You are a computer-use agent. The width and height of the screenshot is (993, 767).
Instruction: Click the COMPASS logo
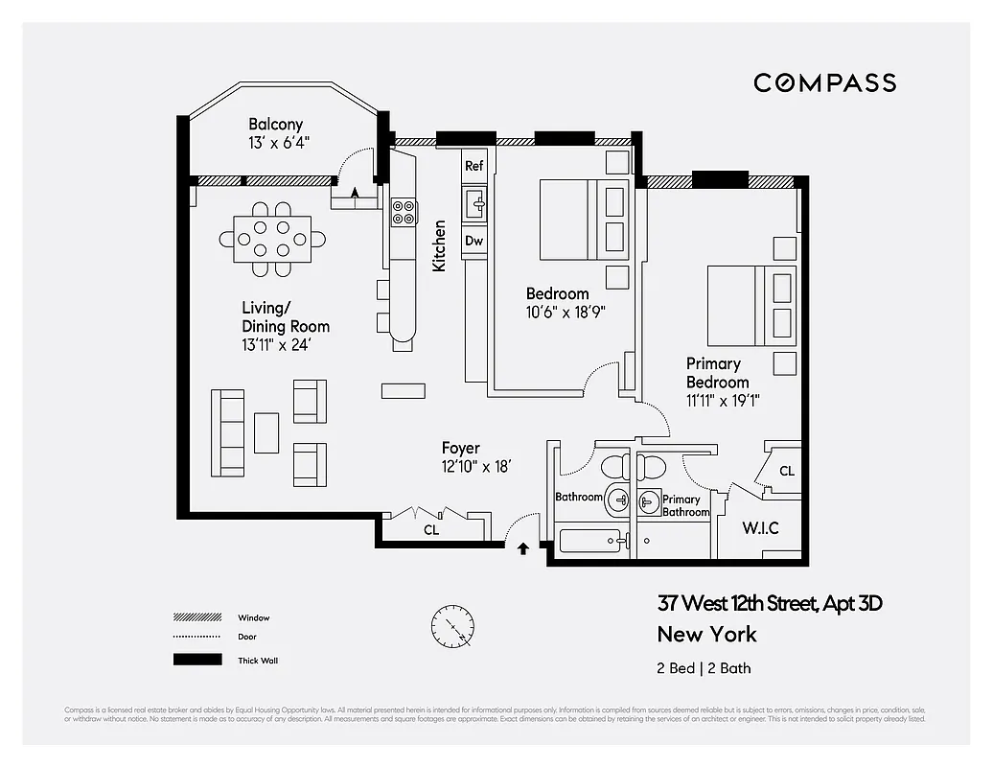pos(824,82)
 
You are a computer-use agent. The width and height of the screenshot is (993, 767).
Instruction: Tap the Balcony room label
pos(275,125)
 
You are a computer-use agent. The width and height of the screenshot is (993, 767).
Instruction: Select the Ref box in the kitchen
pos(474,166)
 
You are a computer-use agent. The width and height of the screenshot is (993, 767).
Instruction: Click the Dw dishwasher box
pos(474,241)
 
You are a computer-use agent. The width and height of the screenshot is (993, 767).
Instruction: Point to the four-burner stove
pos(404,211)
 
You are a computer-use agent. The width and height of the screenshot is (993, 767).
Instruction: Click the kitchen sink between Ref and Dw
pos(474,203)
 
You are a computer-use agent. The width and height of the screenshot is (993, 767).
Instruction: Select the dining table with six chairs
pos(272,239)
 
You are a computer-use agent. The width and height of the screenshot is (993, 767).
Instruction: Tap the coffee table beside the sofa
pos(266,432)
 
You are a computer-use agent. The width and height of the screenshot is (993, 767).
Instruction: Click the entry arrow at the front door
pos(523,549)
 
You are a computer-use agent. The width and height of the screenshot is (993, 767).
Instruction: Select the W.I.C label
pos(760,528)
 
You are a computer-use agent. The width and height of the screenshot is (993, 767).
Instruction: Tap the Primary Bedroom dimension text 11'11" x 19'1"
pos(724,401)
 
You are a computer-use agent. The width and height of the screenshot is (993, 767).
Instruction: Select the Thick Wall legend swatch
pos(192,660)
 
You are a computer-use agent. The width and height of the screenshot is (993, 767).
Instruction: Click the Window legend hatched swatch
pos(192,617)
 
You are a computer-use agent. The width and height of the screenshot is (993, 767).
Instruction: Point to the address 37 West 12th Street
pos(769,604)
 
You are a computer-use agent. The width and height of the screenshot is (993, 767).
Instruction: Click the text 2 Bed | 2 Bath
pos(704,668)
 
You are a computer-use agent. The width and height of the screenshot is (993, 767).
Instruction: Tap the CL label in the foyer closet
pos(431,529)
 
